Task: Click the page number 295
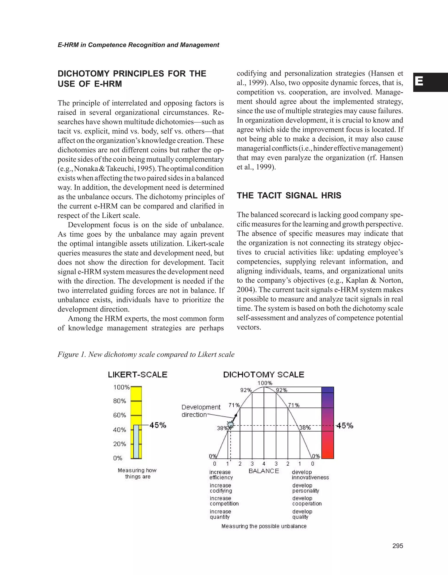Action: point(398,546)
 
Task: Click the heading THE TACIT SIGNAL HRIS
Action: point(289,195)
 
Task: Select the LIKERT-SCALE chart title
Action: point(138,375)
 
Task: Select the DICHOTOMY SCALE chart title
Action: point(264,375)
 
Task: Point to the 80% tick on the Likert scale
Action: point(120,401)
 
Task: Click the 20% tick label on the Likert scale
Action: point(120,444)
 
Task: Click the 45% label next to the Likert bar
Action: point(158,425)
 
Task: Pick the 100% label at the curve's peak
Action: point(265,383)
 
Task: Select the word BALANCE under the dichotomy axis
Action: point(264,471)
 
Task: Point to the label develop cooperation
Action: point(307,501)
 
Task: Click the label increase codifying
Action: point(221,488)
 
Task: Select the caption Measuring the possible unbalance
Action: point(264,526)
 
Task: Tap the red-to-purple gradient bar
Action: point(327,423)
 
